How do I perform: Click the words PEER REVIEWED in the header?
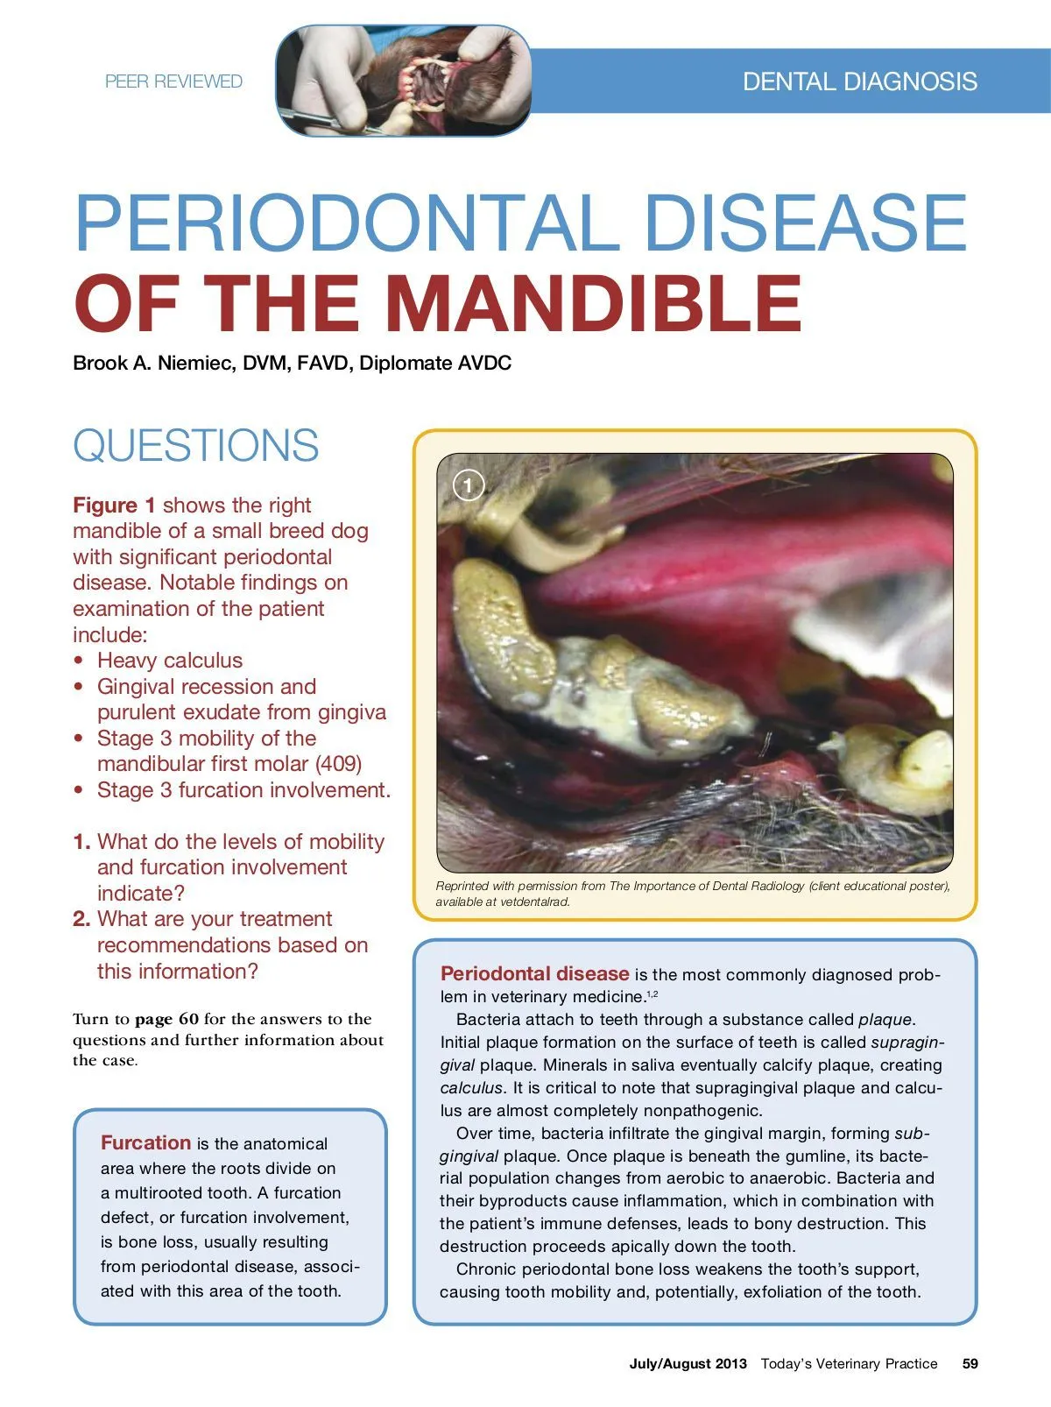coord(173,81)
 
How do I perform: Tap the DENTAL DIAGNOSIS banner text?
coord(860,81)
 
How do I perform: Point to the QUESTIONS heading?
coord(195,445)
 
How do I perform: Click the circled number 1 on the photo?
coord(469,485)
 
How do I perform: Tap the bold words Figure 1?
coord(114,506)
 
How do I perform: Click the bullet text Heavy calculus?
coord(170,661)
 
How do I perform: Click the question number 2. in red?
coord(81,918)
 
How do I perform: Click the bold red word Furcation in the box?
coord(145,1142)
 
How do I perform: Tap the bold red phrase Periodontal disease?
coord(534,973)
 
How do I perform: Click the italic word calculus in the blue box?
coord(470,1087)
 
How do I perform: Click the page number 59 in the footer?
coord(970,1363)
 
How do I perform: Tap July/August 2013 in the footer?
coord(688,1363)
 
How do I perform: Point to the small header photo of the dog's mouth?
coord(403,81)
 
